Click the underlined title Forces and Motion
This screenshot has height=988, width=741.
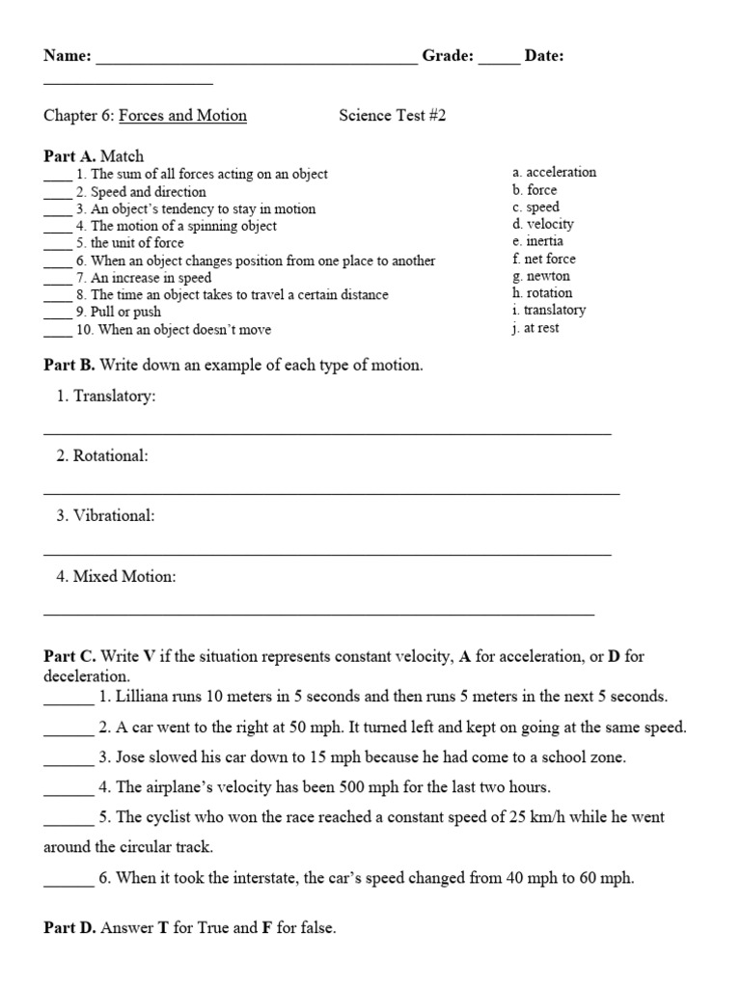(x=182, y=116)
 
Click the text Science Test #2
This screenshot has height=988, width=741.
(x=393, y=116)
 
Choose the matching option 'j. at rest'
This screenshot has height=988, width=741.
(x=535, y=328)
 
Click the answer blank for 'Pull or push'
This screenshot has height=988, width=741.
(x=57, y=313)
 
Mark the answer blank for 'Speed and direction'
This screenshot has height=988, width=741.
(x=57, y=192)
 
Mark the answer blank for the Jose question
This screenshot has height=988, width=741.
(x=68, y=757)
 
